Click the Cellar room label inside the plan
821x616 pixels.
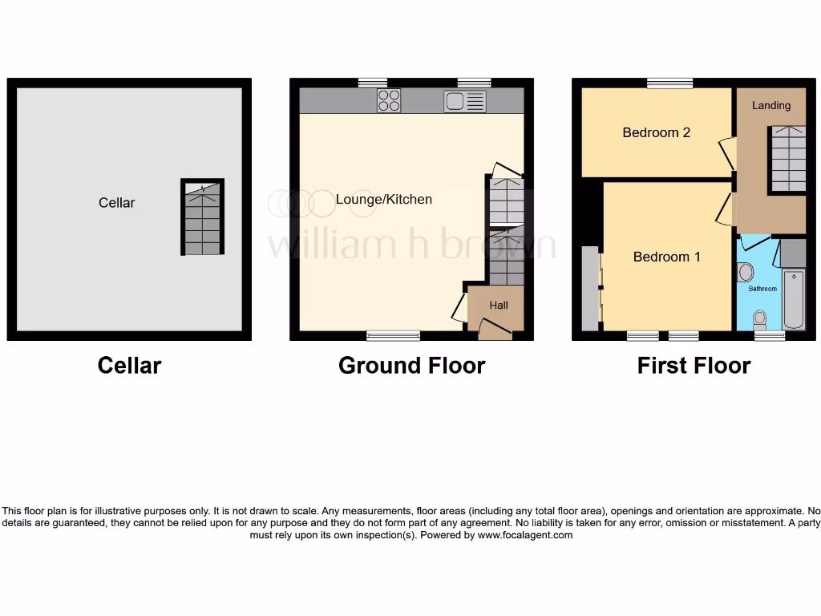[117, 203]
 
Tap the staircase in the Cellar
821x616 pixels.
[202, 217]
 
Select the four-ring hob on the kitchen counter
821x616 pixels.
[389, 100]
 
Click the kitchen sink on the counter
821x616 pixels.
[464, 101]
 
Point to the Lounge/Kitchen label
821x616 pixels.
[383, 200]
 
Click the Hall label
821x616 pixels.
[499, 306]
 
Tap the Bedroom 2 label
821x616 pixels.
[656, 132]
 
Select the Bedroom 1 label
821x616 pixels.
[666, 257]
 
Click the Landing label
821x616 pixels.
[771, 105]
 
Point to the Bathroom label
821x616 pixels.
[762, 289]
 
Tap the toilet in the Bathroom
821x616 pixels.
[759, 319]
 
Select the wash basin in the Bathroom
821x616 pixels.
[746, 272]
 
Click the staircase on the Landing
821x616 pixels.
[787, 159]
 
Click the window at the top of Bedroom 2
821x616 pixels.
[670, 82]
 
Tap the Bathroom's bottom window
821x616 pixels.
[770, 336]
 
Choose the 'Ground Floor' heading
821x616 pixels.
[411, 366]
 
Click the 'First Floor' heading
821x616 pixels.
[694, 366]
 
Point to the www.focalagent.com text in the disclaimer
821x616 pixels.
[525, 535]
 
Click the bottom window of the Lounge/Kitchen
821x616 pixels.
[393, 335]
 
